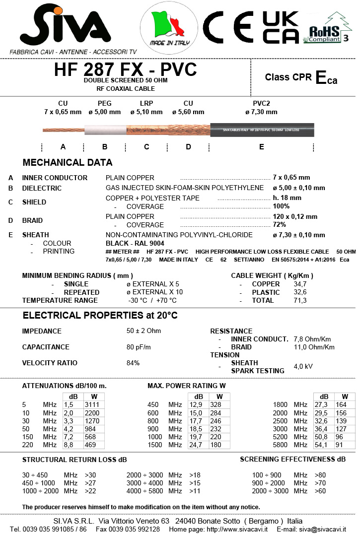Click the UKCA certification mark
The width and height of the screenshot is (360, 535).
tap(281, 27)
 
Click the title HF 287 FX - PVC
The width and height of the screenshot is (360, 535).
tap(125, 70)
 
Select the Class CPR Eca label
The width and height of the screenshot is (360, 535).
tap(301, 77)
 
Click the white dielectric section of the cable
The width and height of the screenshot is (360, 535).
tap(105, 131)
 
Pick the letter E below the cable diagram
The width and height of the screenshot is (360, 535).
tap(262, 147)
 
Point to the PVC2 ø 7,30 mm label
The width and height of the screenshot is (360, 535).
tap(262, 108)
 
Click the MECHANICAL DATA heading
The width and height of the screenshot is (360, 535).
tap(68, 163)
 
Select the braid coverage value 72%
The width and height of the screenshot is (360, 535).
tap(280, 225)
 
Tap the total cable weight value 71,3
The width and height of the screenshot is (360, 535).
tap(300, 300)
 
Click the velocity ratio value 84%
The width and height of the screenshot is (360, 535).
tap(133, 363)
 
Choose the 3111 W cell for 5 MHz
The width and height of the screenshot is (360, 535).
tap(92, 405)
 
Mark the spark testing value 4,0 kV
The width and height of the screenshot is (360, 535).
tap(303, 367)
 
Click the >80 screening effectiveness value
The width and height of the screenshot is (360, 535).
tap(321, 475)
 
